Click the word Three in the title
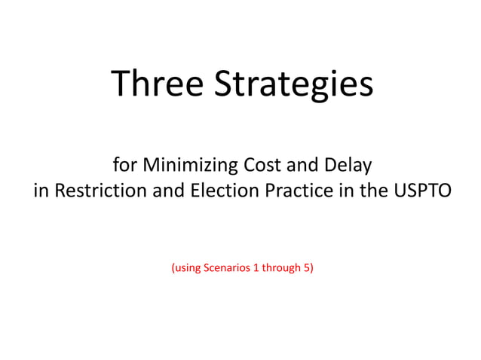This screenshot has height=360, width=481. click(158, 84)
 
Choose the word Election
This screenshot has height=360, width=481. click(224, 191)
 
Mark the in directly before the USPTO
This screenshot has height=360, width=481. click(346, 191)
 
